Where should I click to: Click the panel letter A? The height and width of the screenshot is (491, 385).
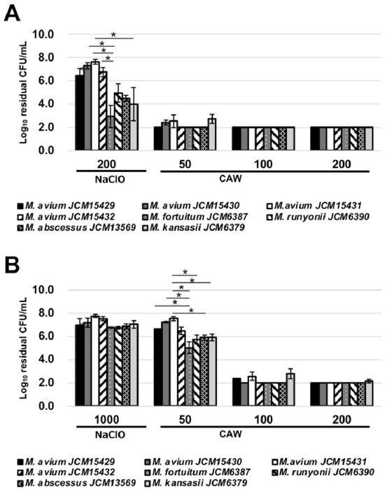(12, 13)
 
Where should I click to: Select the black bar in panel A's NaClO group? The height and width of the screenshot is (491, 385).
(79, 113)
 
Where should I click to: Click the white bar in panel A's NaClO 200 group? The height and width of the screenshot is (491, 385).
(95, 106)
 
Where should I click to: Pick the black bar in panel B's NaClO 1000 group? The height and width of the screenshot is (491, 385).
(79, 365)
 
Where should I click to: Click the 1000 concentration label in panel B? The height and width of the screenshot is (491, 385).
(106, 420)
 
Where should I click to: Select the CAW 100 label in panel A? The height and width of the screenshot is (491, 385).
(263, 164)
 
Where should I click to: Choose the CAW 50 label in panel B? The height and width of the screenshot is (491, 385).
(185, 420)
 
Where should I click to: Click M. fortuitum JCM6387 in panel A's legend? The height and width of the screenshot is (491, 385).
(199, 216)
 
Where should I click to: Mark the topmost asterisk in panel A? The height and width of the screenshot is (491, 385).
(113, 35)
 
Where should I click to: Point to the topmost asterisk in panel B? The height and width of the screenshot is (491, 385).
(185, 272)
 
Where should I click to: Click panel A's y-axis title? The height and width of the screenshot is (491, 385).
(24, 92)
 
